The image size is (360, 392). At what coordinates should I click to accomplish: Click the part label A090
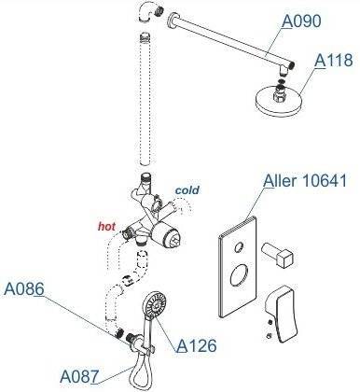(301, 21)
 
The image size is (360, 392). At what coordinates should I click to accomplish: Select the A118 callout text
(333, 60)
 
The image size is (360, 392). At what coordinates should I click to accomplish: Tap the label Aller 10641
(305, 180)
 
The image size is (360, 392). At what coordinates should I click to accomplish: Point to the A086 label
(24, 289)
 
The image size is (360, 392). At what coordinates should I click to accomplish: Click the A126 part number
(196, 345)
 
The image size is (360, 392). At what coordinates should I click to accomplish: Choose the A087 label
(79, 376)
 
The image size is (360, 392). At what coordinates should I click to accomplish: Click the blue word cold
(187, 189)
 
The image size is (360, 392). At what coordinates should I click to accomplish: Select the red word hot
(106, 227)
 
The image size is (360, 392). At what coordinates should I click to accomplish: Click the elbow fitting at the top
(149, 11)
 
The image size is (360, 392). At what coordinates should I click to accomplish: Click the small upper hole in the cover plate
(240, 247)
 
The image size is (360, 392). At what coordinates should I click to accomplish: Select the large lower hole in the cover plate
(240, 275)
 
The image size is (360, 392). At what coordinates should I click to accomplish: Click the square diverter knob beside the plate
(278, 255)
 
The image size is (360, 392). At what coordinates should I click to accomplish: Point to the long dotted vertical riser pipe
(145, 99)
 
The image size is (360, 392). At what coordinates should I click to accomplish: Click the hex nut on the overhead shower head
(280, 95)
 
